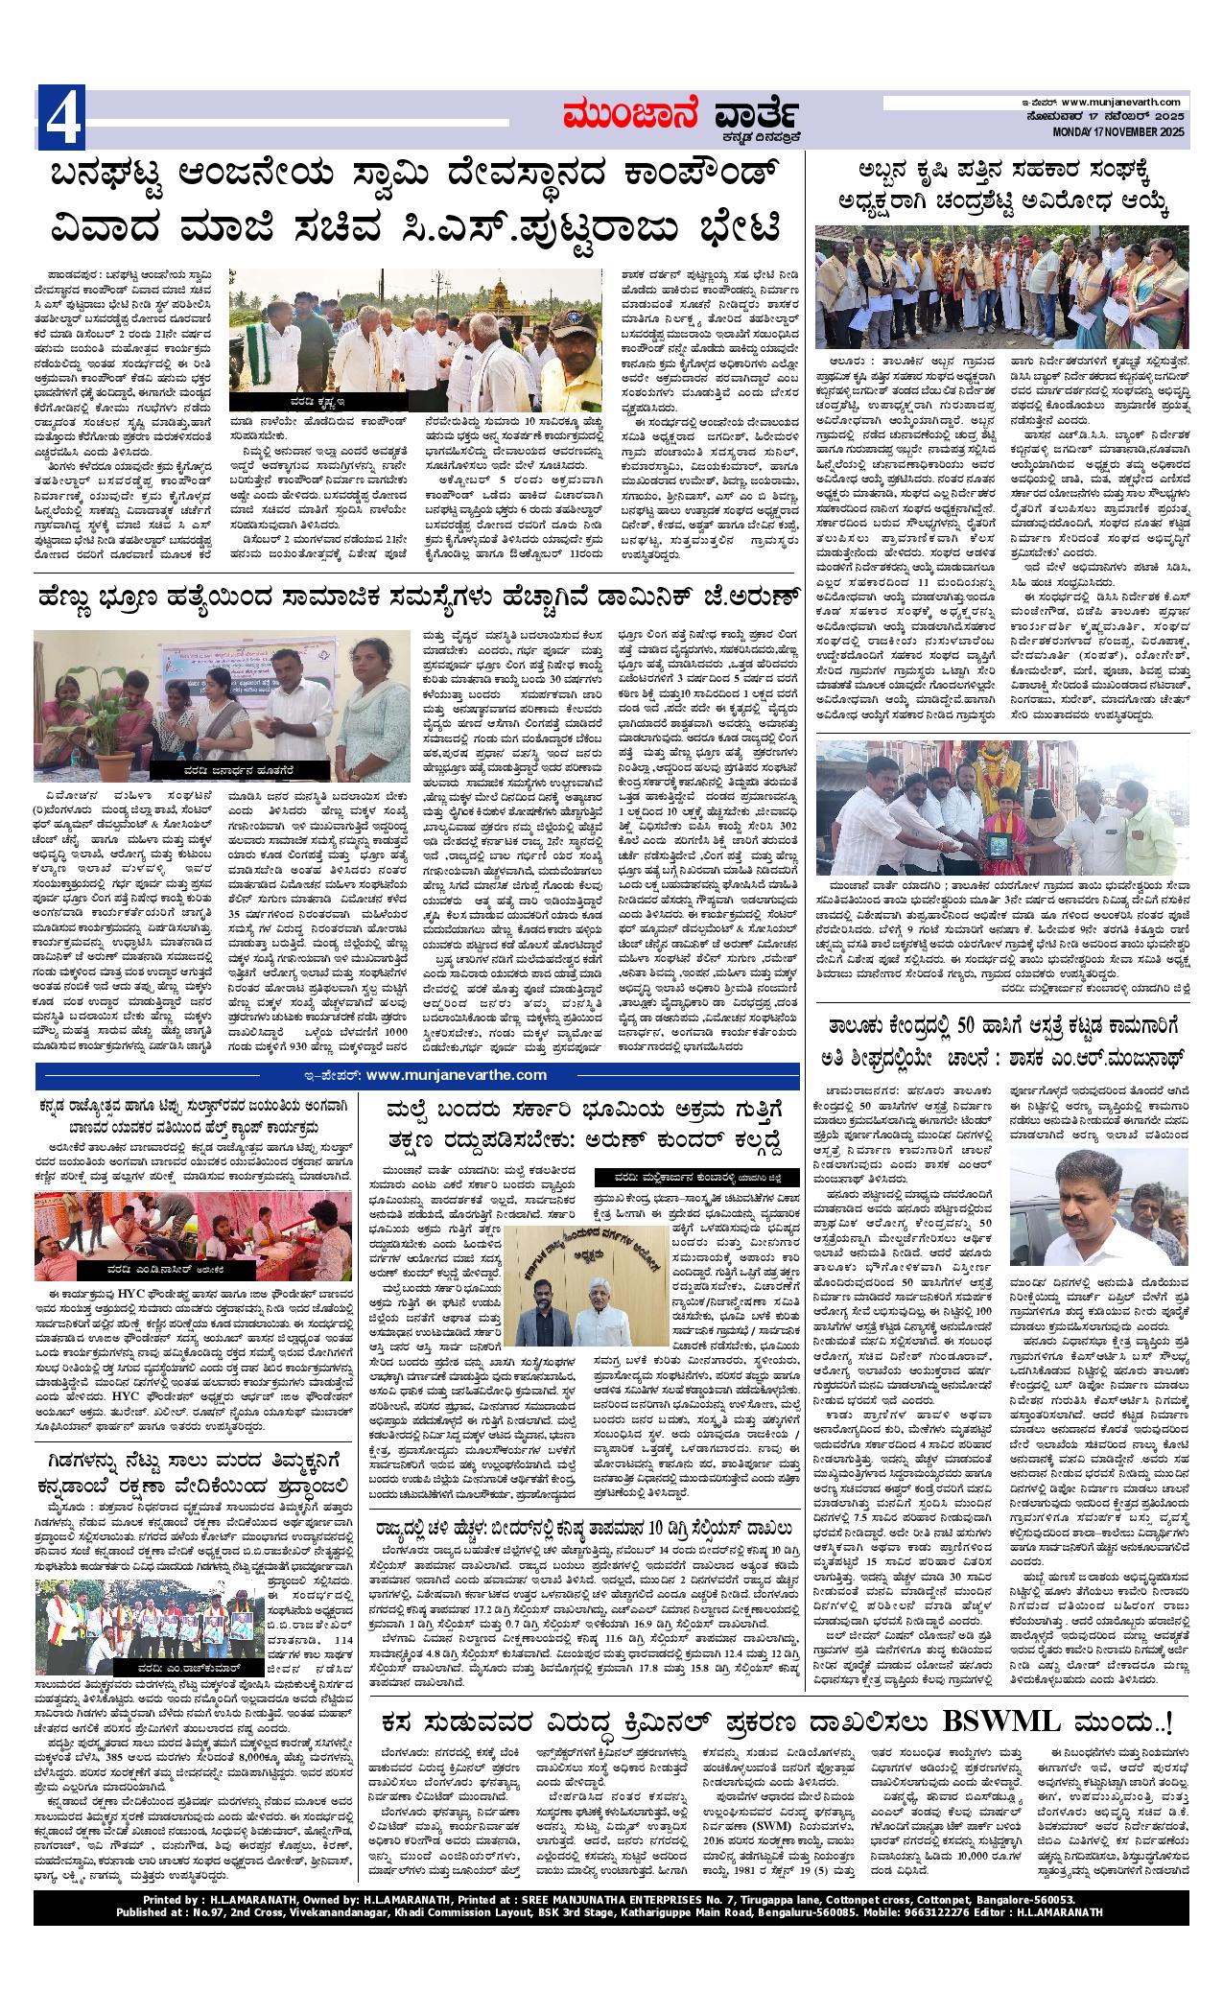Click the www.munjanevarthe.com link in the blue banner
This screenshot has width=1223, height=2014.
click(x=456, y=1074)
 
